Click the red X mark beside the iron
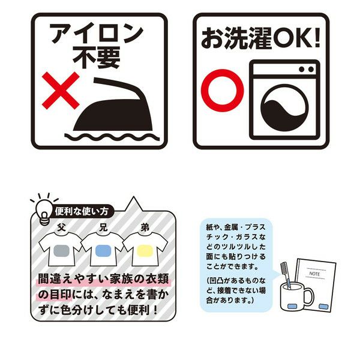(61, 91)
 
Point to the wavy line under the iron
(112, 137)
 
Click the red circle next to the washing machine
(222, 91)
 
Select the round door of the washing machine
(284, 107)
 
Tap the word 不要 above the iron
(97, 58)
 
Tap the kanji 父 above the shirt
(61, 227)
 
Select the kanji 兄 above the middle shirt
(103, 227)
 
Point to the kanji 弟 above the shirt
(145, 227)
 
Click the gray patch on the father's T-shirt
(62, 250)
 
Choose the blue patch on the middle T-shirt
(103, 250)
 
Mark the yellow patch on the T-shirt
(145, 250)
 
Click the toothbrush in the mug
(286, 275)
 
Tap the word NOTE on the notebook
(314, 274)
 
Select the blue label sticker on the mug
(292, 306)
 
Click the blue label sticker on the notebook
(323, 306)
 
